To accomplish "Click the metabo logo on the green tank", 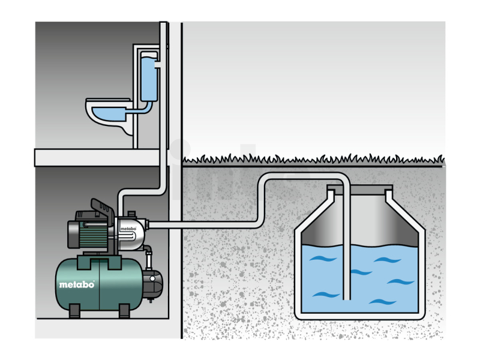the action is [77, 284].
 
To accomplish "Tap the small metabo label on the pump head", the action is [128, 229].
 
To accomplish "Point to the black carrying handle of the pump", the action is [103, 209].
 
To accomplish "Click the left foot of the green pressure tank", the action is [74, 311].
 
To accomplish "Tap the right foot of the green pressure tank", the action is [124, 311].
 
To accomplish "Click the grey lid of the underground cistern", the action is [359, 188].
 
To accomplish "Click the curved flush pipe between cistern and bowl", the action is [144, 109].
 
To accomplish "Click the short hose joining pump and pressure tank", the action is [148, 257].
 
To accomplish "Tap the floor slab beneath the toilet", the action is [97, 158].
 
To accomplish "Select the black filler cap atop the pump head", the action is [131, 214].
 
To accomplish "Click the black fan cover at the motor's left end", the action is [73, 234].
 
